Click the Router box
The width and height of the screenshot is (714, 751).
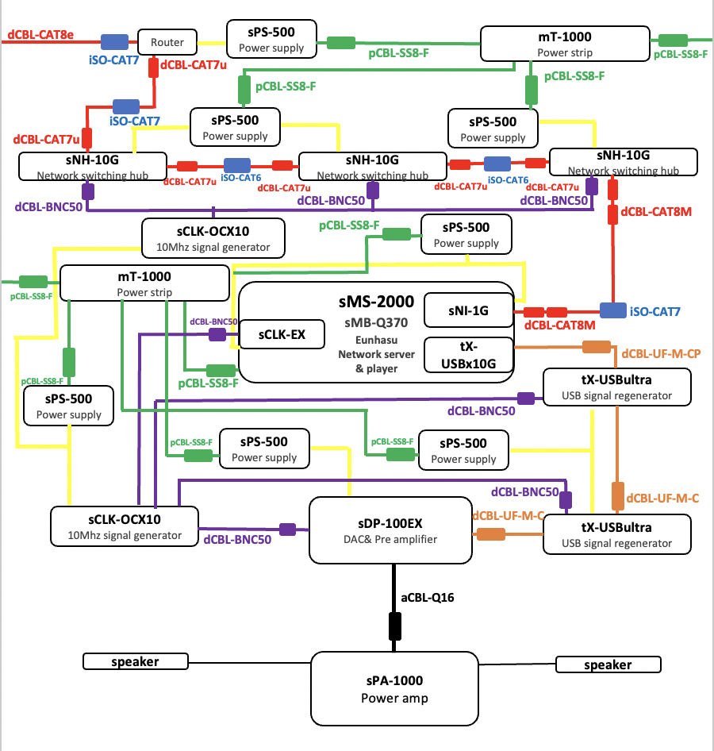[167, 42]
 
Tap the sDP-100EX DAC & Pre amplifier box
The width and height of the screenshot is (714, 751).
[390, 531]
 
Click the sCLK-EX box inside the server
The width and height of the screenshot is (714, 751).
[282, 335]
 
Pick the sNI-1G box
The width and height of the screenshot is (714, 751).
[468, 310]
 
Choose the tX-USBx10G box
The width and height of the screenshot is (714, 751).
[468, 354]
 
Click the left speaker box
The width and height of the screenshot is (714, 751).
[134, 661]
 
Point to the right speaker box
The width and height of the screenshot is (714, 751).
[608, 664]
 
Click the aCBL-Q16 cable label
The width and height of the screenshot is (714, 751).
[428, 595]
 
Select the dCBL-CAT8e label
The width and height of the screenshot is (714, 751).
[40, 35]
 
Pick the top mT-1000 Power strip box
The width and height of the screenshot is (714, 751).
[564, 44]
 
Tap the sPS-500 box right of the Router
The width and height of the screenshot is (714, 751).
[271, 40]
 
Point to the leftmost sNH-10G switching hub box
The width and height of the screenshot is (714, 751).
[92, 165]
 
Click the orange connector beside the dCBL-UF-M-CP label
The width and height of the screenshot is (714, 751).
[597, 347]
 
